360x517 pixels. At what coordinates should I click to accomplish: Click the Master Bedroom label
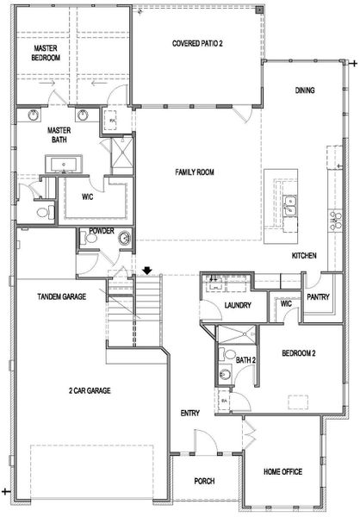46,53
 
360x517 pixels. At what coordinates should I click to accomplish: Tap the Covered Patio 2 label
197,43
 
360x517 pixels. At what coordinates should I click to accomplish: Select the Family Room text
195,171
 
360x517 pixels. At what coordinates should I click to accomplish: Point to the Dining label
305,90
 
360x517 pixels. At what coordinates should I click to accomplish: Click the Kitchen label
304,255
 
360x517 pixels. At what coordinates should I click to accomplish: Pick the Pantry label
318,296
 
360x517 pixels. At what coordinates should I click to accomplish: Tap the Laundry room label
238,305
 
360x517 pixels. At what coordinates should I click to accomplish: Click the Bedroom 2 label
299,353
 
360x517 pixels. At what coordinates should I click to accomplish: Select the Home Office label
282,471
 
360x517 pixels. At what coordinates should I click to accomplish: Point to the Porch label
204,481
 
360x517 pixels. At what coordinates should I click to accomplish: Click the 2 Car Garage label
90,390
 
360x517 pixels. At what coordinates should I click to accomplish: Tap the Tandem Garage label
62,296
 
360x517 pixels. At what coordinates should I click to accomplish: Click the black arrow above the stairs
147,271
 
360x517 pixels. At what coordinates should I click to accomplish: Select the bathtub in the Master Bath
64,164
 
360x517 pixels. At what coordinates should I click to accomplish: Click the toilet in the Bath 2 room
228,354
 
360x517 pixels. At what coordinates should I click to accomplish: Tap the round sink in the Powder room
125,238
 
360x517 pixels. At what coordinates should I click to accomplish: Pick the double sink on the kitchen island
289,205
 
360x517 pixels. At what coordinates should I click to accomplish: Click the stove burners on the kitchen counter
336,221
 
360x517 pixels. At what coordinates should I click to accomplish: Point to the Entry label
190,413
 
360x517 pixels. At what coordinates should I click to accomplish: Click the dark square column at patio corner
260,9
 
